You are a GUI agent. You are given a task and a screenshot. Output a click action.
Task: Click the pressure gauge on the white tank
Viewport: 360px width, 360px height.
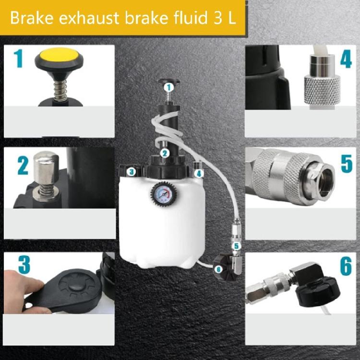tap(163, 194)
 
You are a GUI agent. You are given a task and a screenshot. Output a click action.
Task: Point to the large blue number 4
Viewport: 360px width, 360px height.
tap(346, 59)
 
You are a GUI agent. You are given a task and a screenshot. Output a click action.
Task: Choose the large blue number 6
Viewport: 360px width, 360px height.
tap(346, 267)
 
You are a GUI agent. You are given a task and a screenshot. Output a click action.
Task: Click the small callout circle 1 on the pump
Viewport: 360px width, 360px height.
tap(168, 87)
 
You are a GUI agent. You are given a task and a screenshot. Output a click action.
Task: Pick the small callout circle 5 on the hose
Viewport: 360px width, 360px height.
tap(236, 246)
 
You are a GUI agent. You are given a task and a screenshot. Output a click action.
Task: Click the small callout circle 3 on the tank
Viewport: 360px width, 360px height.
tap(130, 170)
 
